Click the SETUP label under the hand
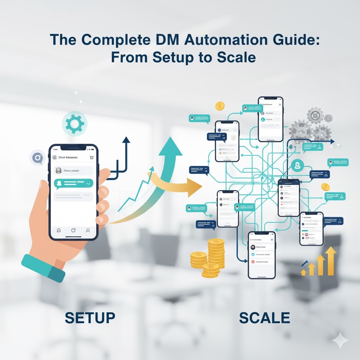point(90,318)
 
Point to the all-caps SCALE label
point(264,318)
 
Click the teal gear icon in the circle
point(74,123)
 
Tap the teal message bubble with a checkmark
point(73,184)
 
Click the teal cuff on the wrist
point(44,267)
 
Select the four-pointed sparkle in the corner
point(340,340)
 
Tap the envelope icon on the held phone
point(92,158)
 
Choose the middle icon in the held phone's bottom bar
point(73,230)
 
